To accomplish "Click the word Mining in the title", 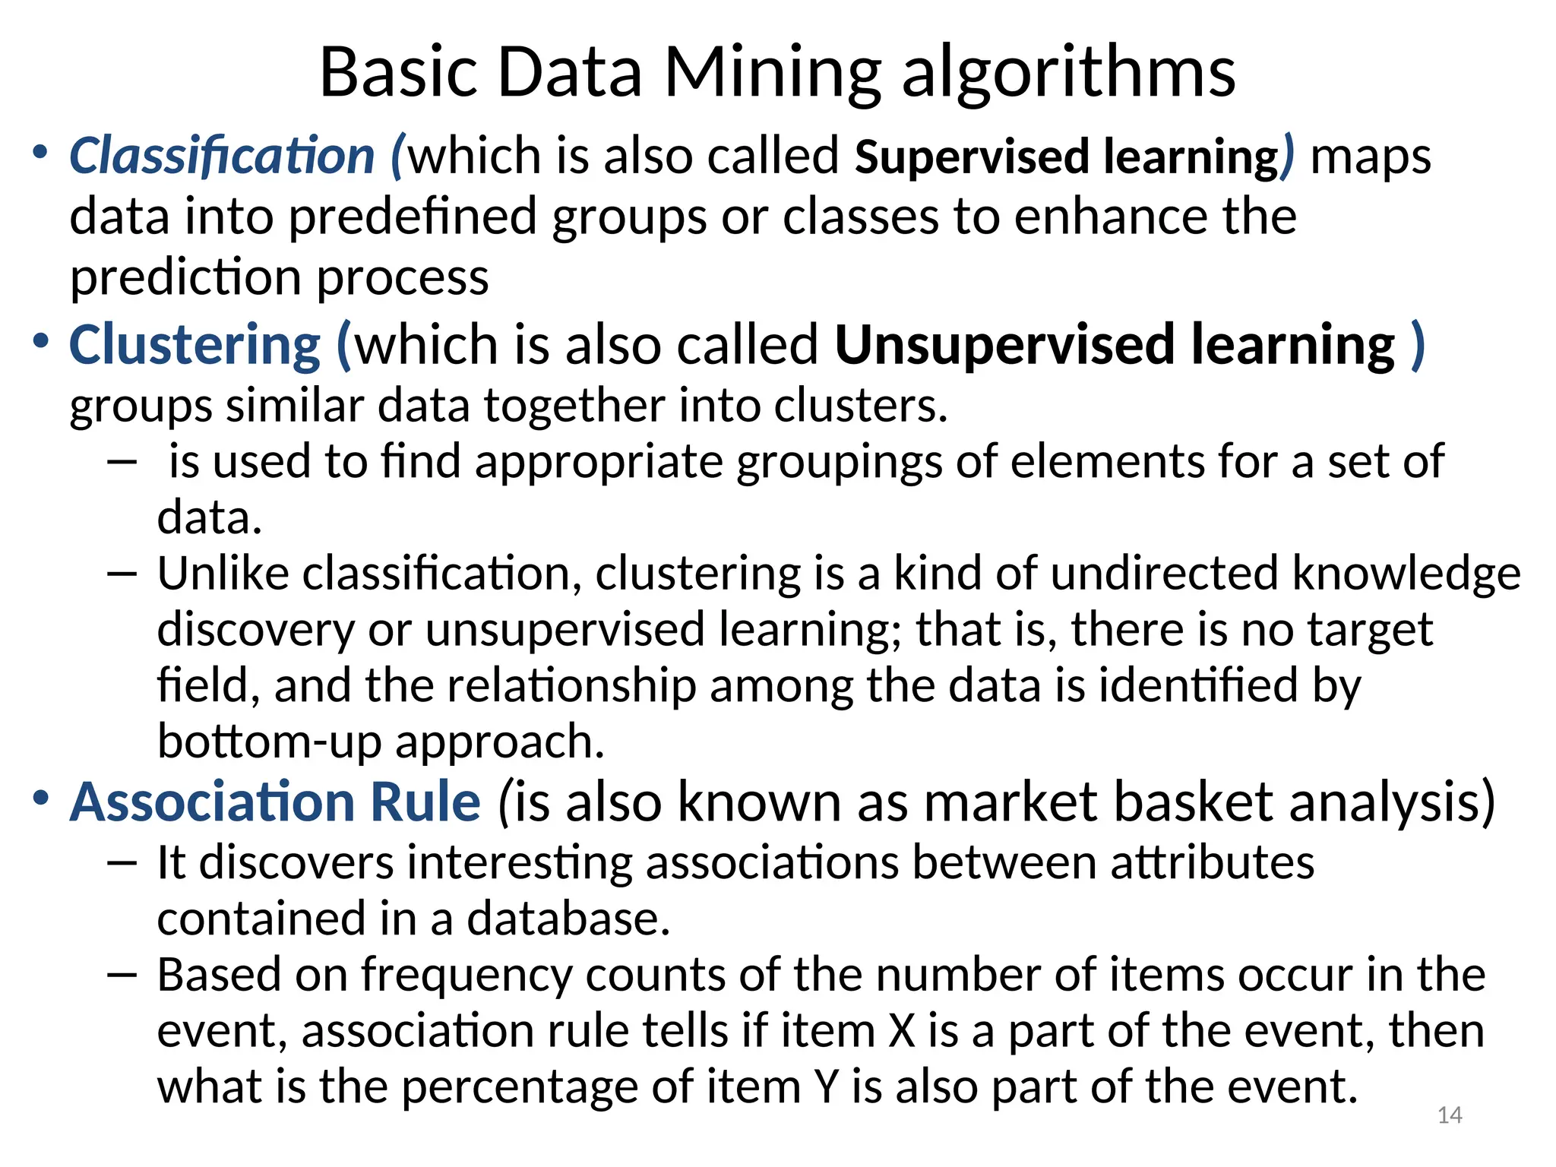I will tap(773, 74).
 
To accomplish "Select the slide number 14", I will tap(1450, 1115).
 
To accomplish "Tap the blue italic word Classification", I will tap(222, 156).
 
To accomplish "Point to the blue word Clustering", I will tap(194, 345).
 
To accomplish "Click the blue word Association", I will tap(211, 802).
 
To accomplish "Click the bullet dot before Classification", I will tap(40, 152).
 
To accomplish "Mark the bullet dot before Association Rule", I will tap(40, 798).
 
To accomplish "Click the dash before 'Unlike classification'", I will tap(122, 574).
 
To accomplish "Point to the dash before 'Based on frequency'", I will tap(122, 975).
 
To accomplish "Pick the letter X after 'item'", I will tap(902, 1031).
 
